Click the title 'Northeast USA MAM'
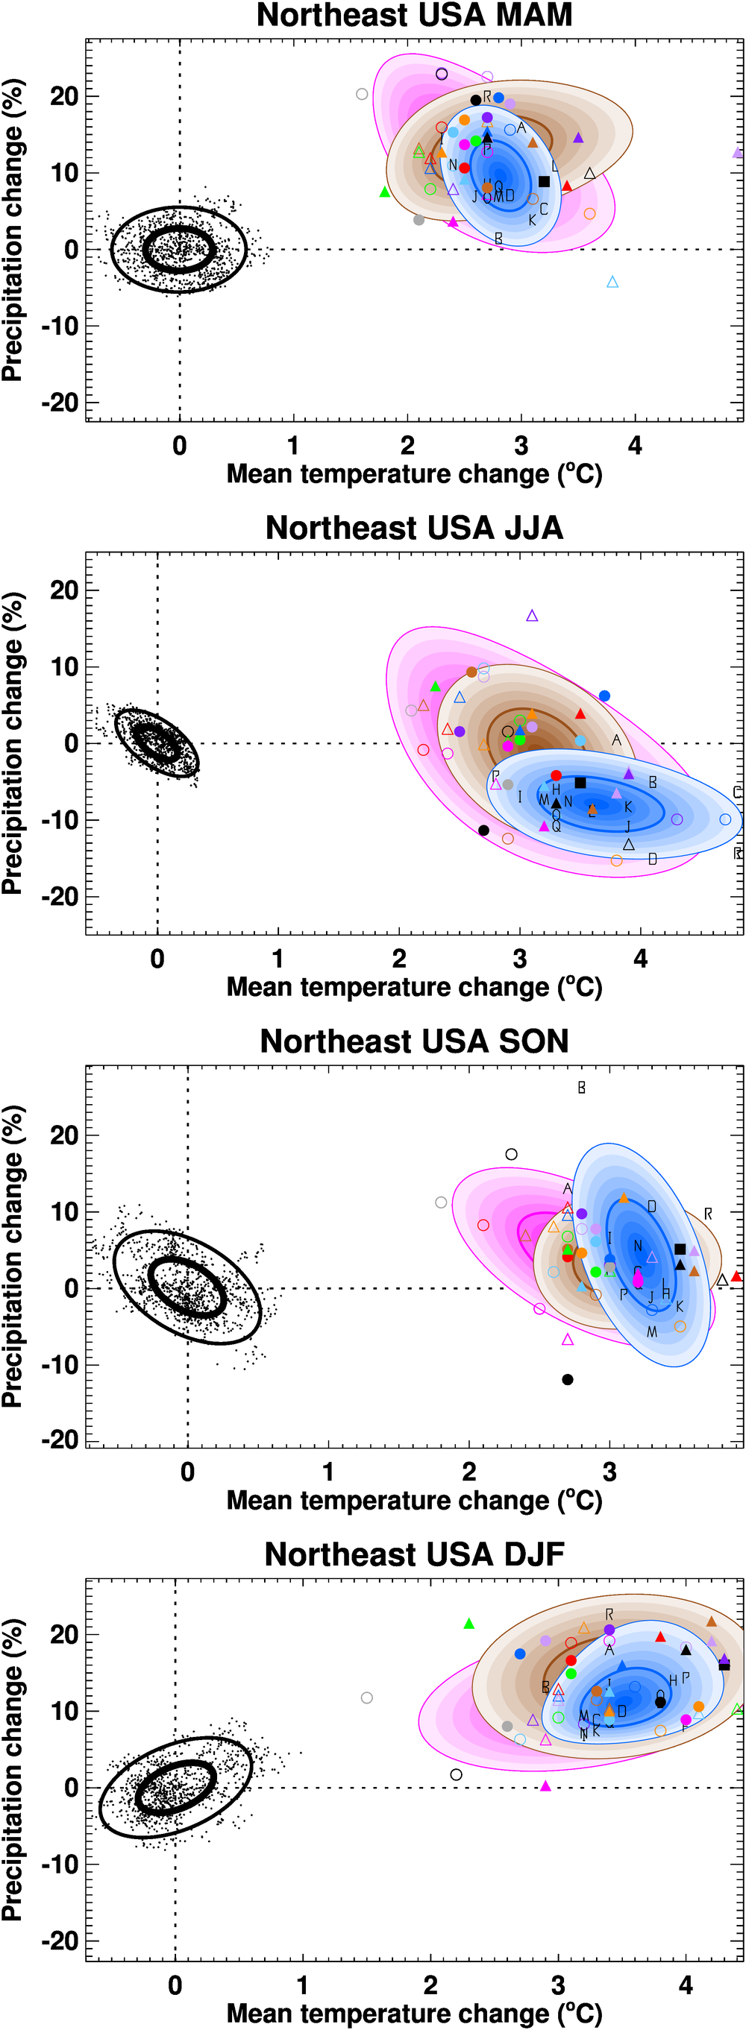click(414, 16)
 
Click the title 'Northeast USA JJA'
click(414, 528)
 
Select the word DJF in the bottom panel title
click(533, 1554)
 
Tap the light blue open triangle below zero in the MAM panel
click(612, 281)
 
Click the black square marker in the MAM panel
click(544, 182)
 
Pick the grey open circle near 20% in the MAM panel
click(362, 95)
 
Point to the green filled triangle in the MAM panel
click(385, 192)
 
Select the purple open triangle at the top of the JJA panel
click(533, 616)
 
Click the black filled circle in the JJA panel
click(484, 830)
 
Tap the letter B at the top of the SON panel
click(581, 1088)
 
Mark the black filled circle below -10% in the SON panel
click(568, 1379)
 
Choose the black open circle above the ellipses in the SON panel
click(511, 1155)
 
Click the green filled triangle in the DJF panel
click(469, 1624)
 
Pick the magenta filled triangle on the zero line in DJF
click(546, 1785)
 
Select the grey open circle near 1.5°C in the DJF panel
click(367, 1698)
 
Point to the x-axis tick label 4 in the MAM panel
click(635, 446)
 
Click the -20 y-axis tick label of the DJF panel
click(60, 1940)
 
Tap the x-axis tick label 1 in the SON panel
click(328, 1472)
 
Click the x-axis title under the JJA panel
click(414, 986)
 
